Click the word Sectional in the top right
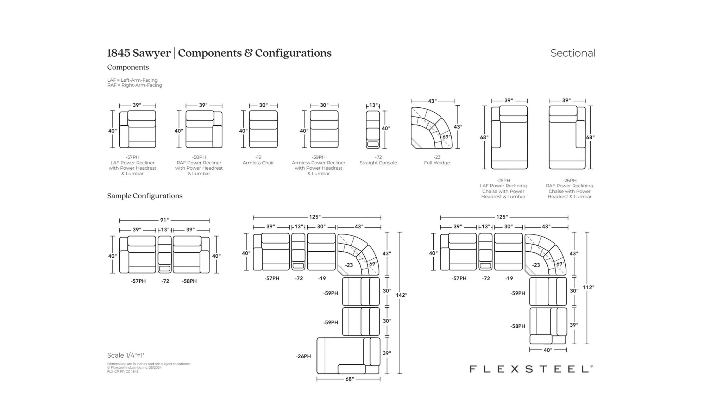coord(573,53)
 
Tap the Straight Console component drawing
coord(373,130)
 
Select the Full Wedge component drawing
coord(432,128)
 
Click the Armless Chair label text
coord(258,163)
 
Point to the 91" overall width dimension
coord(164,220)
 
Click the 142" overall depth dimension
coord(401,295)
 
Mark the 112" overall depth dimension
coord(588,287)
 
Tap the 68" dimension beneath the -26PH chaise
coord(349,379)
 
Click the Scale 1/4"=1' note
coord(125,355)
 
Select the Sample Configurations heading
coord(145,196)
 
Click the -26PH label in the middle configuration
coord(303,356)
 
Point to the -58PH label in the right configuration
coord(517,326)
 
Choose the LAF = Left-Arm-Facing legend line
coord(132,80)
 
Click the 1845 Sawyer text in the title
coord(139,53)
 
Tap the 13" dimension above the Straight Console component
coord(373,105)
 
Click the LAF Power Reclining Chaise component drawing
coord(509,137)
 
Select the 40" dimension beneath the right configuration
coord(548,350)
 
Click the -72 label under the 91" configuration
coord(165,281)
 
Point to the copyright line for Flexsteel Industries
coord(134,367)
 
